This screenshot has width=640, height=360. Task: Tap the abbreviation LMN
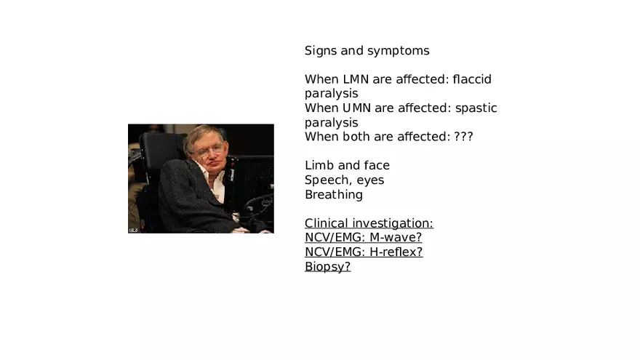(x=356, y=79)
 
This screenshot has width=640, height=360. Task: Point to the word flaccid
(x=472, y=79)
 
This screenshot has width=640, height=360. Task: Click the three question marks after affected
(x=464, y=137)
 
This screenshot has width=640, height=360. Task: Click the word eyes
(x=371, y=181)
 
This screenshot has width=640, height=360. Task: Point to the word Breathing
(x=334, y=195)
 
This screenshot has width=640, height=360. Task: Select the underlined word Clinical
(x=327, y=223)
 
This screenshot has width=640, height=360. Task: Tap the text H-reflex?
(x=396, y=252)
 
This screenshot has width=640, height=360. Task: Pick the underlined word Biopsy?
(x=328, y=267)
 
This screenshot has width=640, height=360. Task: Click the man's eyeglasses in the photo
(x=209, y=151)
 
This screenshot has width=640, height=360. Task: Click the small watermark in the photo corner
(x=133, y=231)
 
